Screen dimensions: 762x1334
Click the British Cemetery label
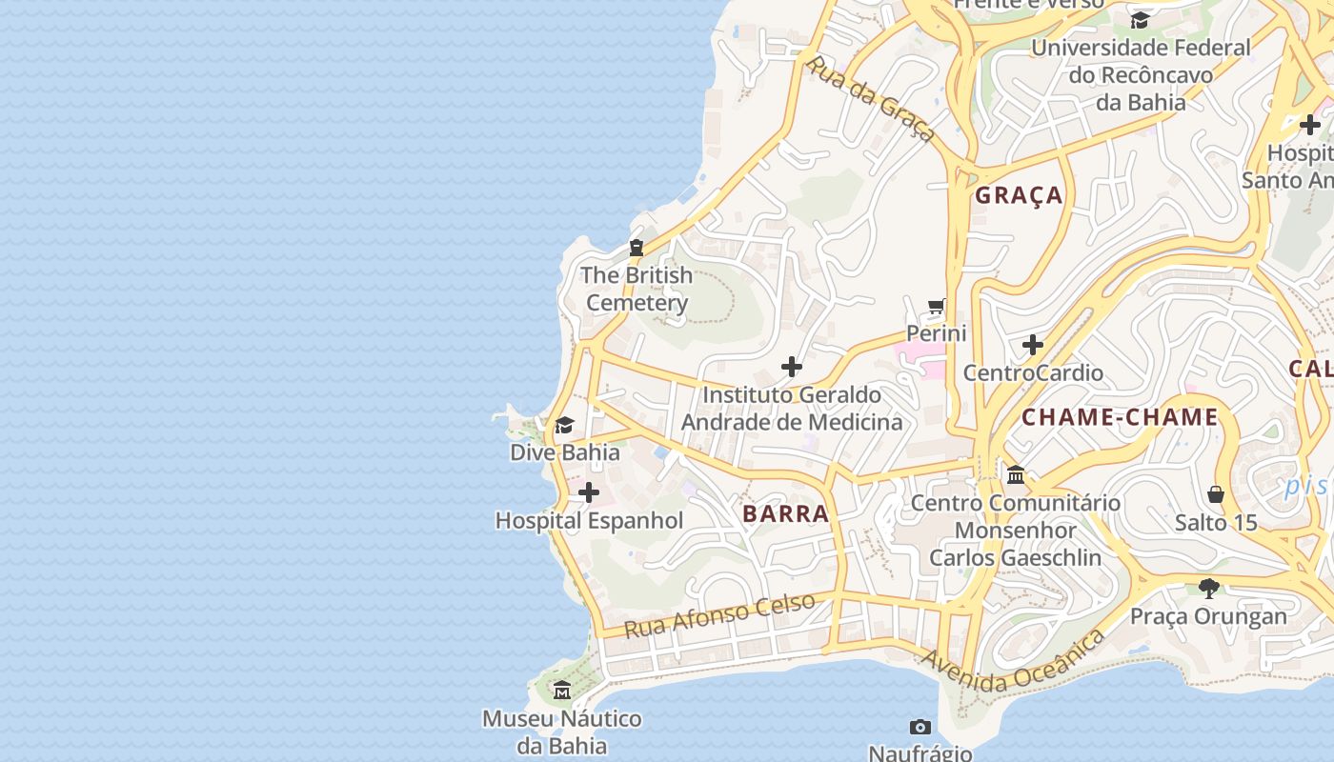[637, 289]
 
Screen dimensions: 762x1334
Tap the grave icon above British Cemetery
[637, 248]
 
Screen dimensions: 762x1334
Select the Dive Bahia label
[565, 451]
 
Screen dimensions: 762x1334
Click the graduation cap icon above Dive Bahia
[565, 425]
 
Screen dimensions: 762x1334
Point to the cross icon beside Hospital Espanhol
[589, 492]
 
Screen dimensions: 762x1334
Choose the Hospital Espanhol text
[589, 520]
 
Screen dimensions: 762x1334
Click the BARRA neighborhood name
[786, 514]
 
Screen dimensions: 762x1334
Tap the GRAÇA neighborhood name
[1019, 195]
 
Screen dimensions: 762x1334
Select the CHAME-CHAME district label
[1120, 417]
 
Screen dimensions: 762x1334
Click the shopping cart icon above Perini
[937, 307]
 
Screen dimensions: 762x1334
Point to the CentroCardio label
[1033, 372]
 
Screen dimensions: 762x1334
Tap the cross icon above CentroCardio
[1033, 344]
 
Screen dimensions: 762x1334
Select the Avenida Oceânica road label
[1014, 662]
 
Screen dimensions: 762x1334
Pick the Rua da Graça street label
[872, 99]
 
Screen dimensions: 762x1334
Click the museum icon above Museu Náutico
[562, 690]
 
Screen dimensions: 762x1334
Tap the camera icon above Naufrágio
[920, 728]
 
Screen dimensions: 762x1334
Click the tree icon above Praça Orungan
[1208, 588]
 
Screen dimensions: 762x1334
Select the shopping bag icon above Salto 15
[1216, 494]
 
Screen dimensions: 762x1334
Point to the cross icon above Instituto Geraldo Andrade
[792, 366]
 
